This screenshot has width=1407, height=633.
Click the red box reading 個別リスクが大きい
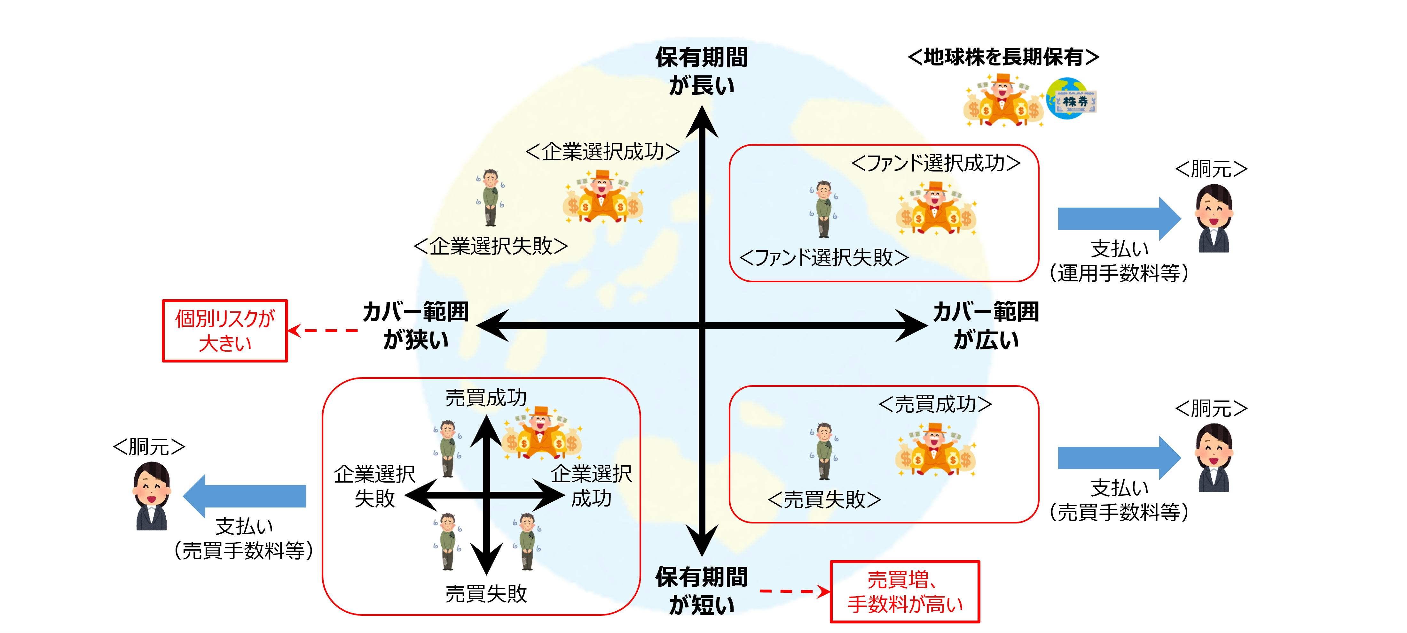pyautogui.click(x=224, y=330)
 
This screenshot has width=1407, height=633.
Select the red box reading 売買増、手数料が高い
pyautogui.click(x=905, y=591)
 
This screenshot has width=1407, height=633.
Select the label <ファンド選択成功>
pyautogui.click(x=936, y=163)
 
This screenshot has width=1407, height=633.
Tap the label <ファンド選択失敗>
pyautogui.click(x=824, y=257)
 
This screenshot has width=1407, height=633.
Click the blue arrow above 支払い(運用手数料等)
pyautogui.click(x=1119, y=218)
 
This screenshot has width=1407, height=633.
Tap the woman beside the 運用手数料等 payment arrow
pyautogui.click(x=1214, y=218)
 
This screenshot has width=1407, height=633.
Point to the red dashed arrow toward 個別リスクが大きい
pyautogui.click(x=323, y=330)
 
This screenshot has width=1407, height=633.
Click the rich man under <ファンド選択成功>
pyautogui.click(x=936, y=209)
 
